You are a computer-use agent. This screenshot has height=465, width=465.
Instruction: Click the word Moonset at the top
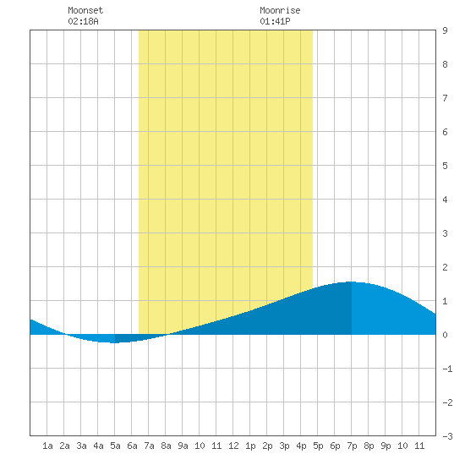[x=85, y=10]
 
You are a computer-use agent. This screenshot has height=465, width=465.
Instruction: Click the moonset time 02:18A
[x=83, y=21]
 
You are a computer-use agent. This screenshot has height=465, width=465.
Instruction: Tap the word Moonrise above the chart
[x=280, y=10]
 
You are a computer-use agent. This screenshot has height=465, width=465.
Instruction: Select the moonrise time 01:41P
[x=275, y=21]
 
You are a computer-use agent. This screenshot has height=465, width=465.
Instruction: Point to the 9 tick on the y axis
[x=445, y=30]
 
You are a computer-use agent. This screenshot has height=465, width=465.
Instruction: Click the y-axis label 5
[x=445, y=166]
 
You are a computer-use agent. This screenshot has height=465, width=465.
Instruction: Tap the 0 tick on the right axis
[x=445, y=335]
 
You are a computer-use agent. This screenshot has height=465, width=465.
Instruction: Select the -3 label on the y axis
[x=447, y=436]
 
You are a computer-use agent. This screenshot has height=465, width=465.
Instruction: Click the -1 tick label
[x=447, y=369]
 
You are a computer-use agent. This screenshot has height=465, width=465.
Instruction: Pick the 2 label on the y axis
[x=445, y=267]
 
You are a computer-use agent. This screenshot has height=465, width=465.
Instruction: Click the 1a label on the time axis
[x=47, y=446]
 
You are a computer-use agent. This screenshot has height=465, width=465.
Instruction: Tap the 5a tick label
[x=115, y=446]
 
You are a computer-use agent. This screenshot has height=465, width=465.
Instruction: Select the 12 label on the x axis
[x=233, y=446]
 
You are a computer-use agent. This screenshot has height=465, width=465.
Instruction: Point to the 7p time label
[x=352, y=446]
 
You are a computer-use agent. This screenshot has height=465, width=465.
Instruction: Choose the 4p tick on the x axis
[x=301, y=446]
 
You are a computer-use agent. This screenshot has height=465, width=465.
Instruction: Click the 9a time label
[x=183, y=446]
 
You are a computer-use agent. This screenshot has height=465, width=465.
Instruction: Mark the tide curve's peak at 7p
[x=352, y=282]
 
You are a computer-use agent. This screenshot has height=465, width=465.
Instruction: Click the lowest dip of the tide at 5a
[x=114, y=342]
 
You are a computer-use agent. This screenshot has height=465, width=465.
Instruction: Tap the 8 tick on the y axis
[x=445, y=64]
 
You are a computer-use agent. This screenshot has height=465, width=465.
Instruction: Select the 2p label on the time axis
[x=267, y=446]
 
